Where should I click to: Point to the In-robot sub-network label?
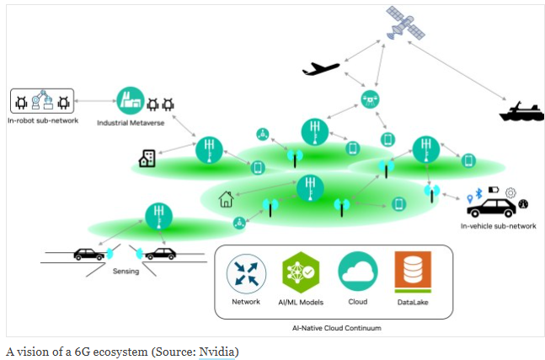tap(41, 121)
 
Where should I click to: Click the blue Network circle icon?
tap(247, 272)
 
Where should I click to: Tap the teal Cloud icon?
tap(358, 272)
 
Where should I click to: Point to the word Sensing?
tap(127, 271)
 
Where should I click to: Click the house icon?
tap(226, 199)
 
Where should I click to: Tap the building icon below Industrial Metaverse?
tap(147, 158)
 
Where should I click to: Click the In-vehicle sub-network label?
tap(498, 226)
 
